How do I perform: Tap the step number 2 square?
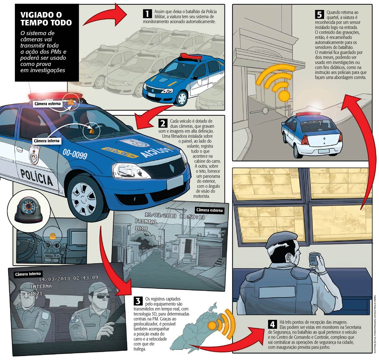click(163, 123)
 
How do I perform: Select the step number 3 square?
click(138, 301)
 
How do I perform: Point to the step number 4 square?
click(272, 324)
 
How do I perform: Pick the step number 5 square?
click(319, 15)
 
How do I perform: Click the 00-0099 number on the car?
click(75, 154)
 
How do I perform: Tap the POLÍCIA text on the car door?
click(36, 177)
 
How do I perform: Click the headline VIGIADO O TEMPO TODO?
click(46, 19)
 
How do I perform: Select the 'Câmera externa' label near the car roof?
click(47, 104)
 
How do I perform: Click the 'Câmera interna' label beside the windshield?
click(47, 141)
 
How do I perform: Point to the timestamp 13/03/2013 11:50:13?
click(175, 216)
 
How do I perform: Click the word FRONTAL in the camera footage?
click(146, 221)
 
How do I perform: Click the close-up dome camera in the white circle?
click(28, 210)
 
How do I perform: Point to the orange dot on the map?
click(213, 326)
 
